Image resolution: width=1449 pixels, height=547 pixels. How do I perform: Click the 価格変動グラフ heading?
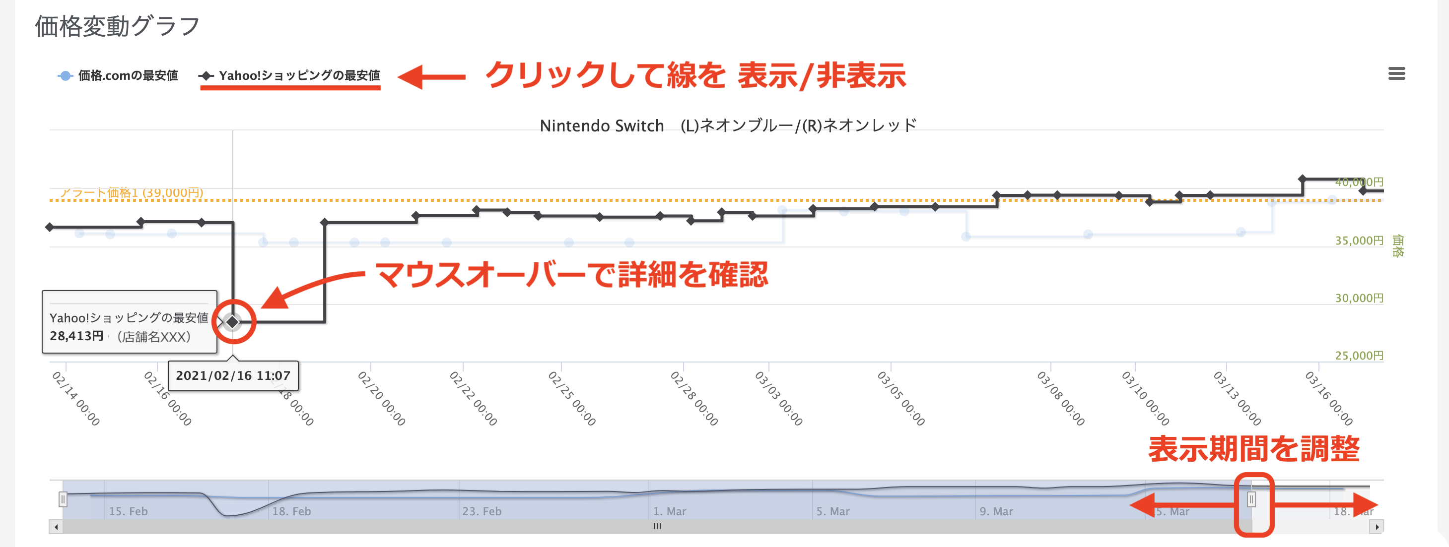tap(117, 26)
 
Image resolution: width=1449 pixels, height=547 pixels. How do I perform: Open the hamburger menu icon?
tap(1396, 74)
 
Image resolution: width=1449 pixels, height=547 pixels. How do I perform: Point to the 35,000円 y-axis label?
tap(1359, 241)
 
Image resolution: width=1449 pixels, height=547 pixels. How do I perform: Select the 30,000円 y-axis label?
tap(1359, 298)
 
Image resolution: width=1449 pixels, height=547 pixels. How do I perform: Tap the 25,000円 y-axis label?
tap(1359, 355)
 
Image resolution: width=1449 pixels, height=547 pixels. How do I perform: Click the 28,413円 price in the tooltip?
tap(76, 336)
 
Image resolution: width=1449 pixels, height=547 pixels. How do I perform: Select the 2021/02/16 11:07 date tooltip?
tap(233, 375)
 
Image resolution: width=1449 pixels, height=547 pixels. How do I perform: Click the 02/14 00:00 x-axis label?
tap(76, 398)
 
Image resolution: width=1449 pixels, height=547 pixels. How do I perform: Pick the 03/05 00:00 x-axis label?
tap(900, 398)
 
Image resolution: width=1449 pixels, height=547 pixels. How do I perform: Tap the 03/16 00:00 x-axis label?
tap(1329, 398)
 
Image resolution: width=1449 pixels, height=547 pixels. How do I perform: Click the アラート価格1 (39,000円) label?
tap(132, 193)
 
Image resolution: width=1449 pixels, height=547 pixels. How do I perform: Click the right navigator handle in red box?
tap(1251, 499)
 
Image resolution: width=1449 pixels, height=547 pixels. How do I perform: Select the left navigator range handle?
tap(63, 499)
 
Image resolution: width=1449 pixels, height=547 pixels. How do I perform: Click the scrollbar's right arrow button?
tap(1377, 527)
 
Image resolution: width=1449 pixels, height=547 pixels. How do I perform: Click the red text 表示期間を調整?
tap(1253, 449)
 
